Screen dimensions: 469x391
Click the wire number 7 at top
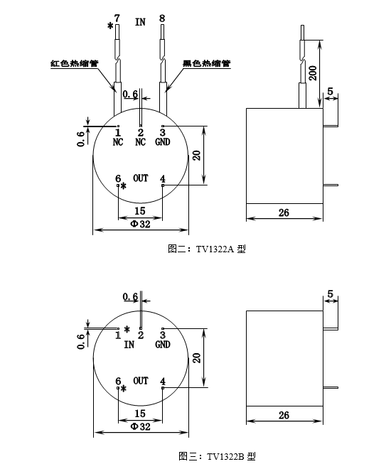(117, 17)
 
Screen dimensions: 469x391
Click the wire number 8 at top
(162, 17)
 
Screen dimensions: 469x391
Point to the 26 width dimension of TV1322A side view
(284, 212)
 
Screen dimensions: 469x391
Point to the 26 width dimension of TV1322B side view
(284, 416)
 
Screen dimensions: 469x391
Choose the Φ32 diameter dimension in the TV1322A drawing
(140, 223)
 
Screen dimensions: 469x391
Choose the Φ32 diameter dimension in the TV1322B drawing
(140, 427)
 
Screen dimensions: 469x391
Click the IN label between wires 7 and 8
(140, 21)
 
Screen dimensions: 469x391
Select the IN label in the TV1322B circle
(129, 345)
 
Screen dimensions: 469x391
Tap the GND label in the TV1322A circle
(163, 141)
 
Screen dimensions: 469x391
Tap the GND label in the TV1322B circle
(163, 345)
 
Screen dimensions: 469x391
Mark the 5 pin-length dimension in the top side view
(331, 92)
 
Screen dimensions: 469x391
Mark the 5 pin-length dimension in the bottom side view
(331, 293)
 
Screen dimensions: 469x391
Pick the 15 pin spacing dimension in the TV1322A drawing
(140, 211)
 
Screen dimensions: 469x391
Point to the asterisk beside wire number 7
(109, 26)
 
